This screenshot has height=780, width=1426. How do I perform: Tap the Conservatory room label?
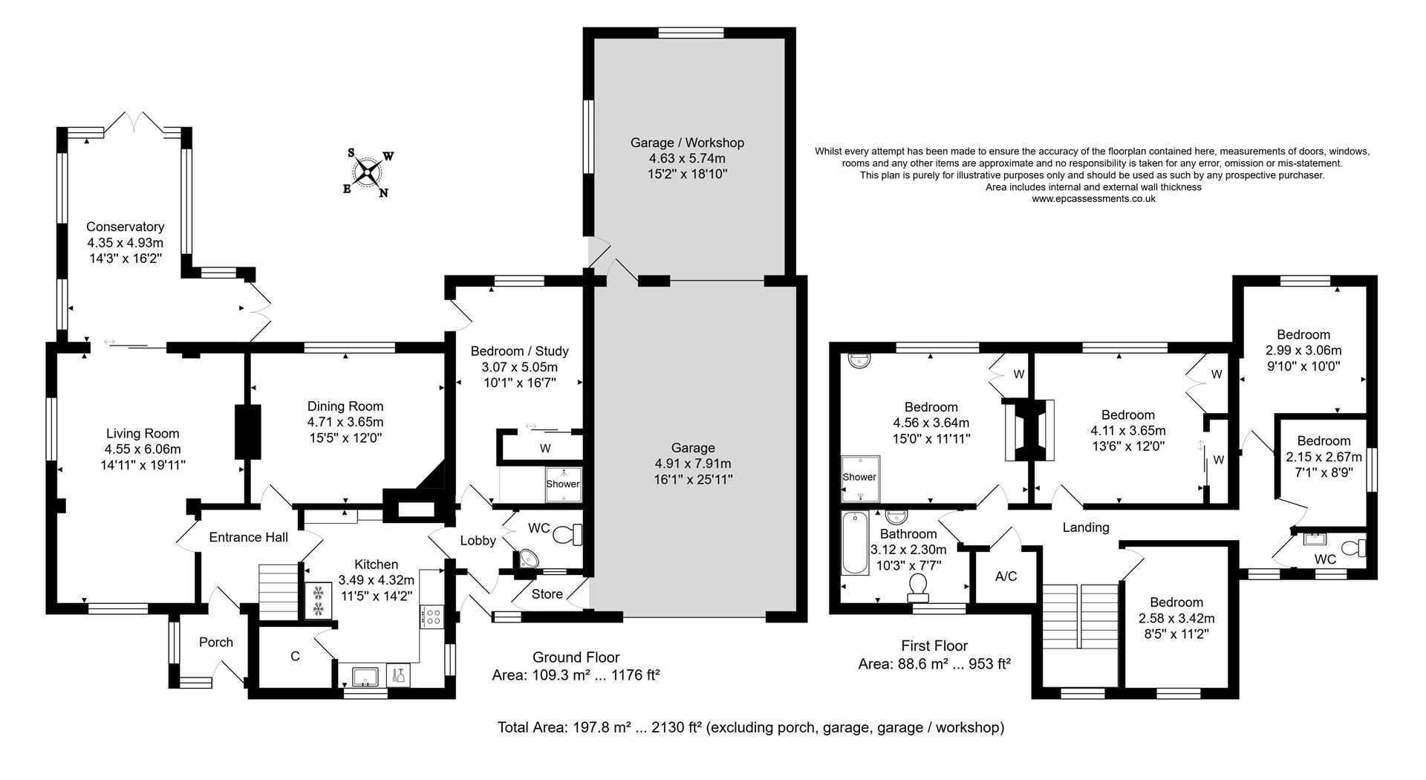[x=125, y=227]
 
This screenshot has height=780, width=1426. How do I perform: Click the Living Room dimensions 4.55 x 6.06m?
[x=143, y=449]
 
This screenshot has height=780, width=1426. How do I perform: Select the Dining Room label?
[x=345, y=406]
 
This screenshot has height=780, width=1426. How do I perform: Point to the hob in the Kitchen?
[x=432, y=616]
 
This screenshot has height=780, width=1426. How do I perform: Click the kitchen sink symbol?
[x=364, y=676]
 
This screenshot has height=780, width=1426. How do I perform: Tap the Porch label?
[x=215, y=643]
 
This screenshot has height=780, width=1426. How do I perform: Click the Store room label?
[x=547, y=594]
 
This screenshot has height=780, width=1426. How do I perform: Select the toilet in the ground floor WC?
[x=570, y=533]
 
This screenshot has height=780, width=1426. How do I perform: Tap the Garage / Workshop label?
[x=687, y=143]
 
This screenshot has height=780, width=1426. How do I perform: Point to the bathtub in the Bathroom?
[x=854, y=544]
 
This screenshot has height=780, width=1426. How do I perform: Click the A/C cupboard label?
[x=1006, y=576]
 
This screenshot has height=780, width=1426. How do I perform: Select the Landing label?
[x=1085, y=527]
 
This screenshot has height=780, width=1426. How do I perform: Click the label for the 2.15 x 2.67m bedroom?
[x=1324, y=441]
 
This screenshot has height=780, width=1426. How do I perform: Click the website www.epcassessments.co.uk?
[x=1093, y=199]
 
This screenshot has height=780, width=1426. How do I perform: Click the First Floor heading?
[x=934, y=646]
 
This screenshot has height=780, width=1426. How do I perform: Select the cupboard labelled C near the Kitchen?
[x=295, y=657]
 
